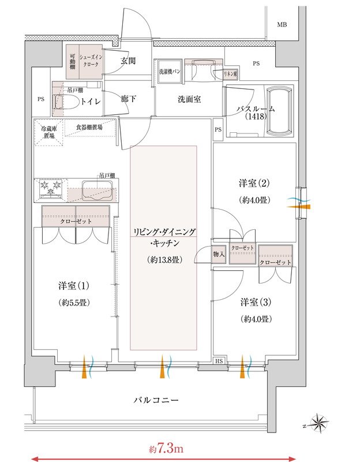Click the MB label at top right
[282, 25]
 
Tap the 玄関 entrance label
[128, 61]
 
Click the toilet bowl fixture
[66, 102]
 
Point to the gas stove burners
[51, 189]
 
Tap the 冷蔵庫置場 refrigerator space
[49, 132]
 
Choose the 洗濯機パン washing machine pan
[170, 72]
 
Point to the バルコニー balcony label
[156, 400]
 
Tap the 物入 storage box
[219, 254]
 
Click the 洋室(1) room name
[74, 286]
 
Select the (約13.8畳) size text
[164, 260]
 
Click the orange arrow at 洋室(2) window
[299, 207]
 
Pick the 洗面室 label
[189, 99]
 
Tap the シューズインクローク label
[91, 61]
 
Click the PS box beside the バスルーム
[218, 129]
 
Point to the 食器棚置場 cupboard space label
[89, 127]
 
